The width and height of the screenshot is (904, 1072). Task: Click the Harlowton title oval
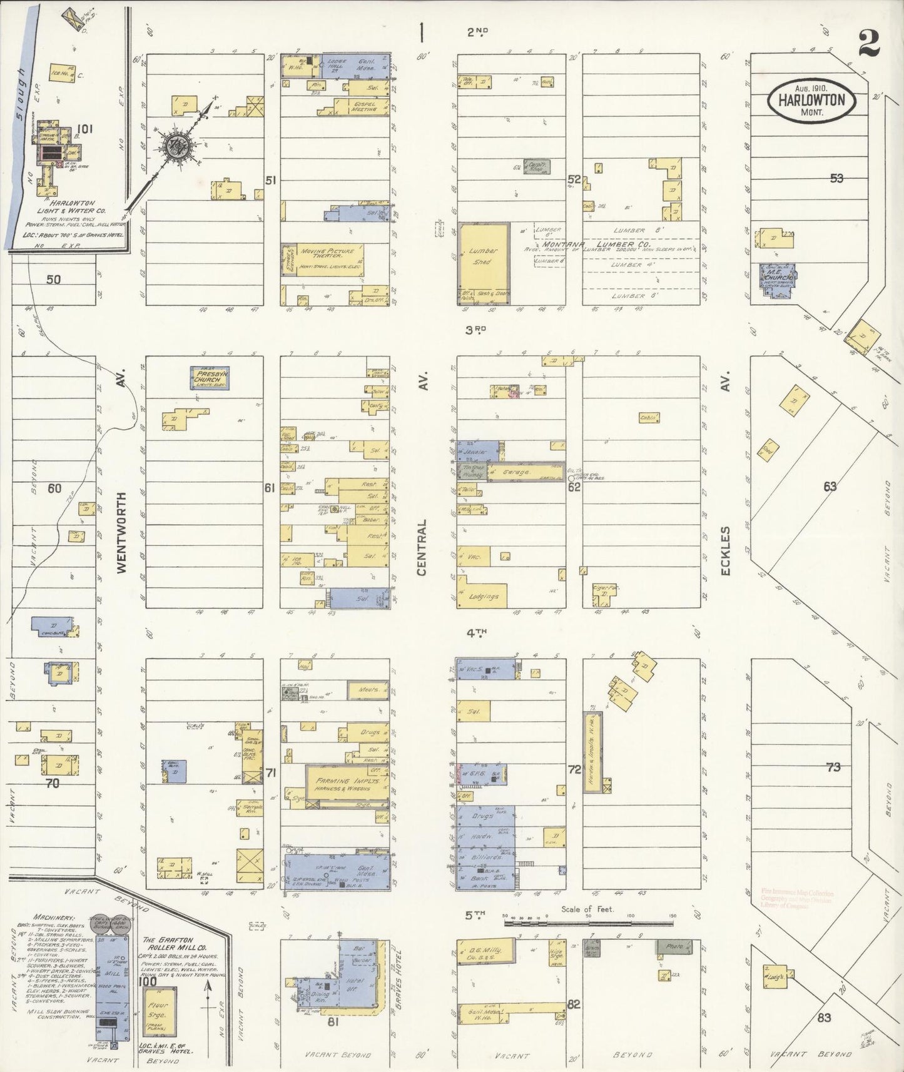(811, 100)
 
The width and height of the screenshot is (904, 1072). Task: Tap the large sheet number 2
(870, 43)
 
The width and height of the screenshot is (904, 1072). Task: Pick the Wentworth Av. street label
(121, 532)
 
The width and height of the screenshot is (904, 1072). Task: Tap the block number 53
(836, 178)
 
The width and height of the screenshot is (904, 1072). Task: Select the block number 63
(830, 486)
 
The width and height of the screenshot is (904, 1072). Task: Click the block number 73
(833, 767)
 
